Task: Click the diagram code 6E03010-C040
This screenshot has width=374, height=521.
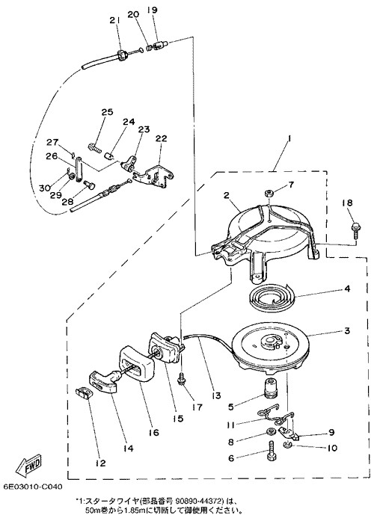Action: (x=33, y=487)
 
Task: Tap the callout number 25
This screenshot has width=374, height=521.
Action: (x=108, y=111)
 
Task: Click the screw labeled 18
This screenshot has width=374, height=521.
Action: (x=356, y=232)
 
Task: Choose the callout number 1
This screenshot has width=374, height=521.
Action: (x=289, y=141)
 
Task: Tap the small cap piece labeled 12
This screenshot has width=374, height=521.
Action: (x=83, y=394)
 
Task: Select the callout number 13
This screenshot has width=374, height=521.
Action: (x=215, y=395)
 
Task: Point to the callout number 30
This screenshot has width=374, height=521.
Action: (x=45, y=188)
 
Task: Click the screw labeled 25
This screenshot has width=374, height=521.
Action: (x=94, y=147)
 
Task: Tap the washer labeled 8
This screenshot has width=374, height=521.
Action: (x=270, y=432)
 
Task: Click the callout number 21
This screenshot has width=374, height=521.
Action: (x=114, y=20)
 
